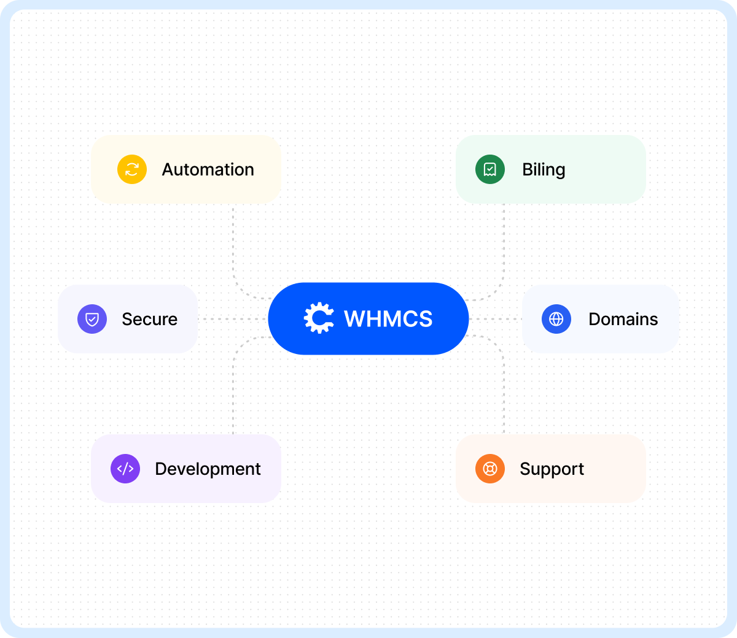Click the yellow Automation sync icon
(132, 169)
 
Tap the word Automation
(208, 169)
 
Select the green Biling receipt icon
(490, 169)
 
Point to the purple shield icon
(92, 319)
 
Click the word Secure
(150, 319)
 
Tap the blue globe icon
(556, 319)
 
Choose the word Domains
(623, 319)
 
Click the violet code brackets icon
(125, 469)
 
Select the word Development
(208, 469)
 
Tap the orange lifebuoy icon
(490, 469)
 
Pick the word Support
(552, 469)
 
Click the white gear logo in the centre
(319, 318)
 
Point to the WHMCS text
(388, 318)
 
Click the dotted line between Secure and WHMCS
(233, 319)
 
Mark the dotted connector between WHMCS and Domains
(496, 319)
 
